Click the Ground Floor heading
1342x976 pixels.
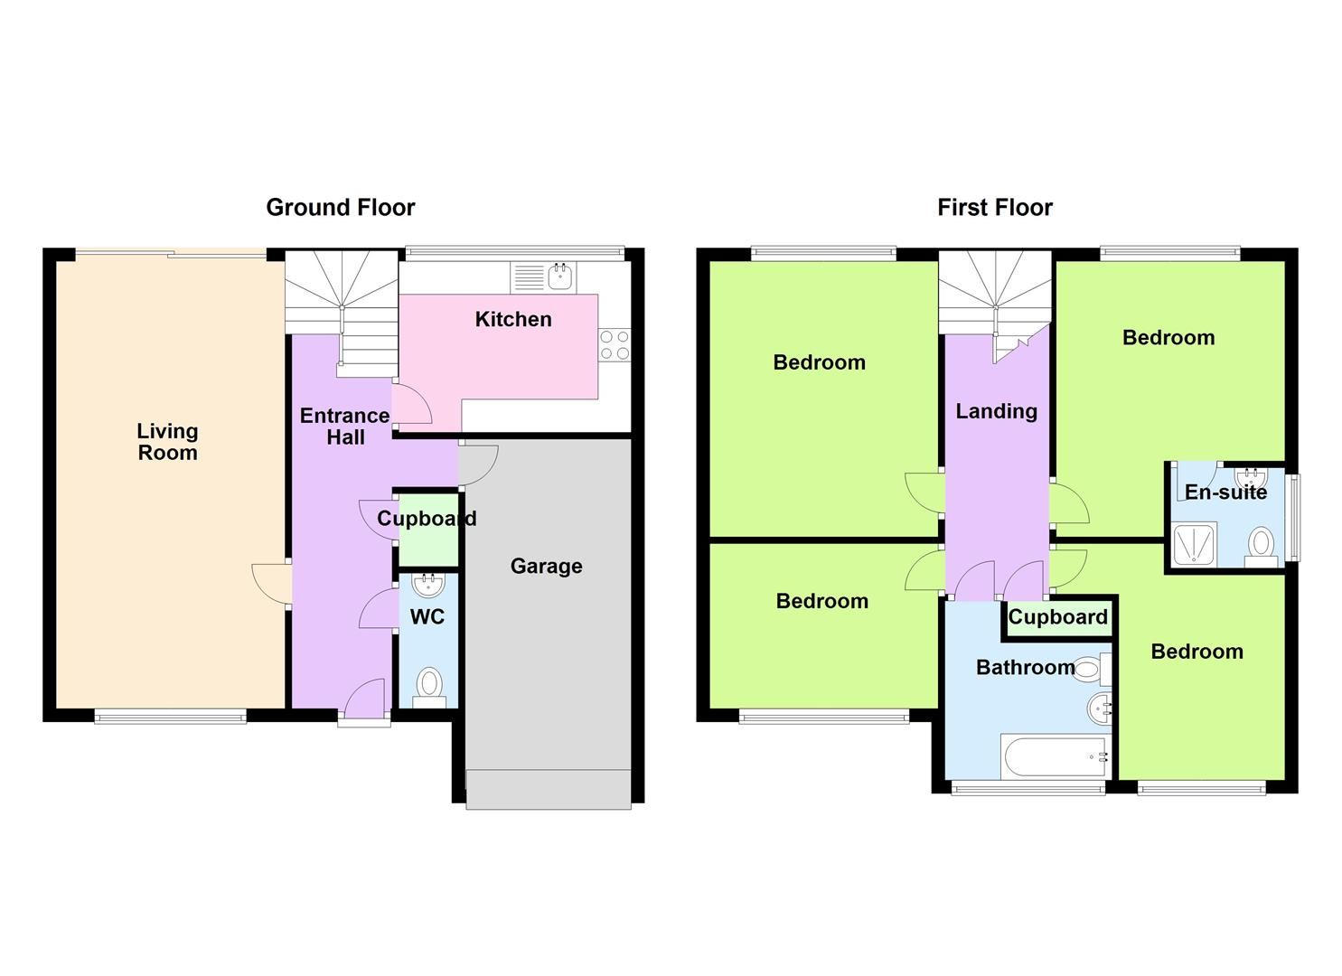(340, 207)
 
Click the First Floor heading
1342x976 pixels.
(994, 207)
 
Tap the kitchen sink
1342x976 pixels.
(543, 277)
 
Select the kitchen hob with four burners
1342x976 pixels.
(615, 345)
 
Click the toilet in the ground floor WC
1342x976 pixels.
(429, 687)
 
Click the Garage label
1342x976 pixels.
(546, 566)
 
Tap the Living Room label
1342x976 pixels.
(167, 442)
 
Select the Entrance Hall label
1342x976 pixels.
(344, 426)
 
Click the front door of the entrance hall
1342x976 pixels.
(365, 703)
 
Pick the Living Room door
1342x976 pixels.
(271, 583)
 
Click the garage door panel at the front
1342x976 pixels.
(548, 788)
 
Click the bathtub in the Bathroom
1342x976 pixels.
(1054, 756)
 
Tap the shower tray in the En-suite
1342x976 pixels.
(1194, 545)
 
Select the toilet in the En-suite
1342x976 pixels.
(1261, 546)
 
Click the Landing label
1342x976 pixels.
(996, 411)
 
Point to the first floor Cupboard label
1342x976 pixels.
(1057, 617)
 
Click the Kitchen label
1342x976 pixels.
(512, 319)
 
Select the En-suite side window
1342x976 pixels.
(1293, 517)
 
